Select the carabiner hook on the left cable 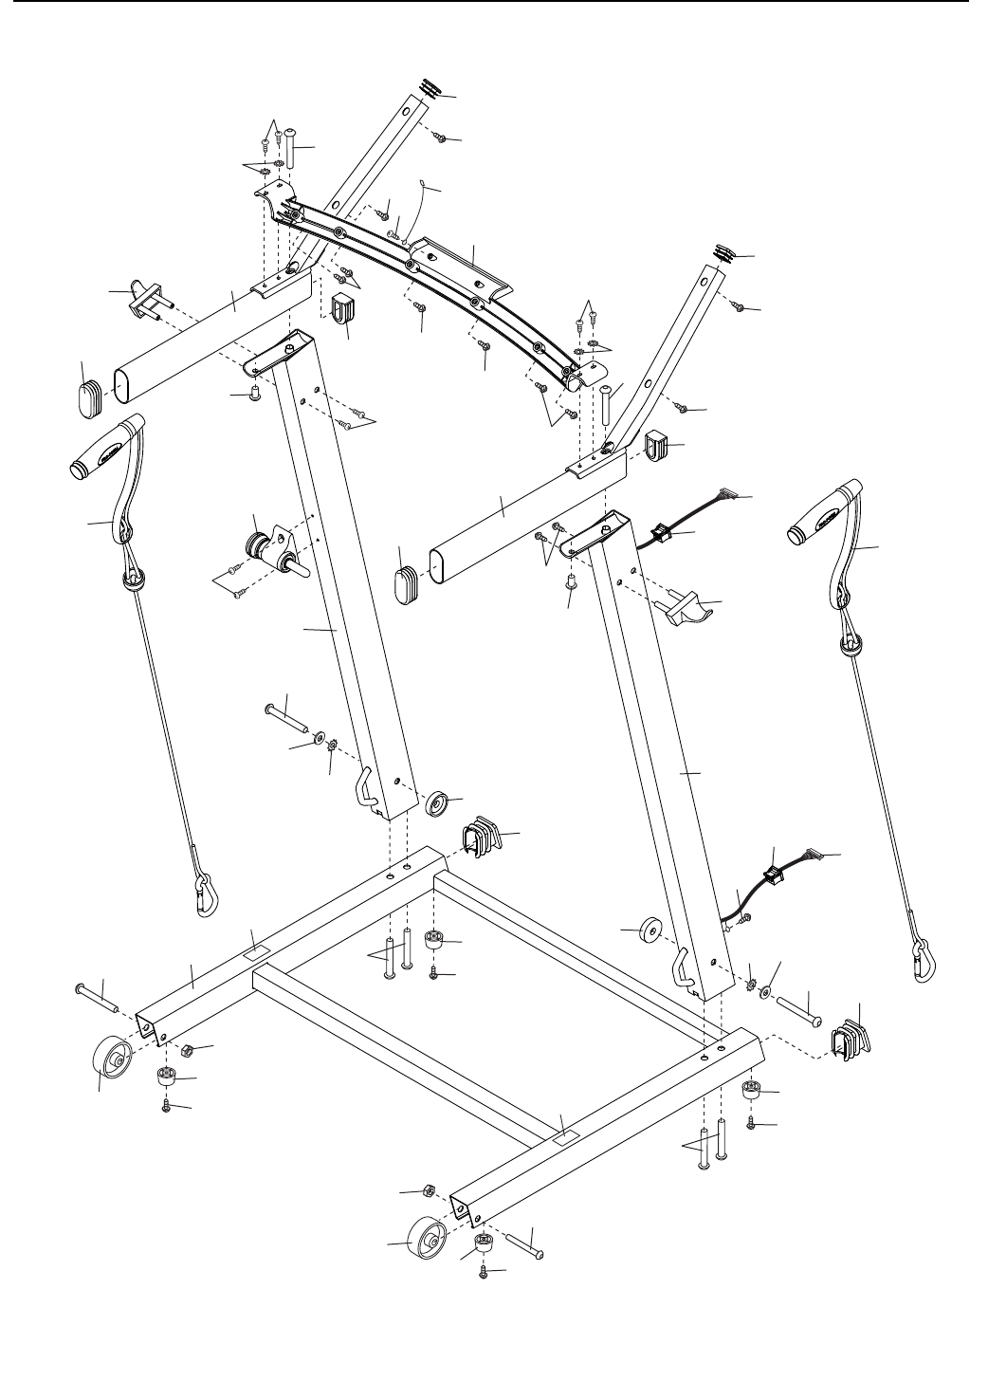pyautogui.click(x=203, y=896)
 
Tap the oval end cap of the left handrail pyautogui.click(x=93, y=391)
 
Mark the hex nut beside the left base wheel pyautogui.click(x=187, y=1050)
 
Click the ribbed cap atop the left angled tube pyautogui.click(x=430, y=88)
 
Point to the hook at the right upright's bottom pyautogui.click(x=686, y=970)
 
